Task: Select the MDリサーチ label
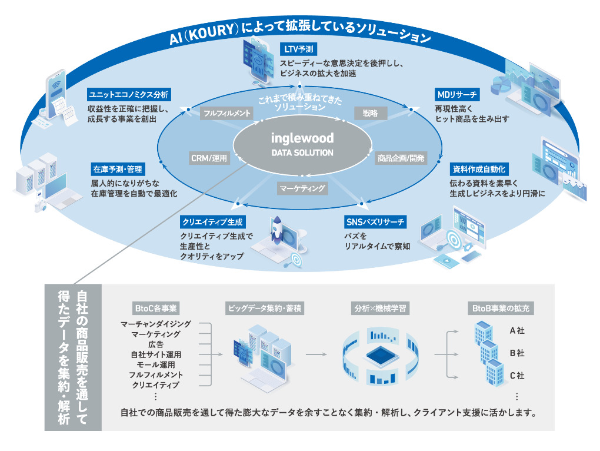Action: point(457,94)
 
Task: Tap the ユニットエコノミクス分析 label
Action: point(129,94)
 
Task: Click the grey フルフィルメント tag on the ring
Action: point(227,112)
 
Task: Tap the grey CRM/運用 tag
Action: point(209,158)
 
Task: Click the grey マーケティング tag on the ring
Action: point(302,188)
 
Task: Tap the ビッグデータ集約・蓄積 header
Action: point(265,308)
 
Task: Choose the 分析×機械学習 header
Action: point(381,308)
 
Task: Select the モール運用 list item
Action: point(156,365)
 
